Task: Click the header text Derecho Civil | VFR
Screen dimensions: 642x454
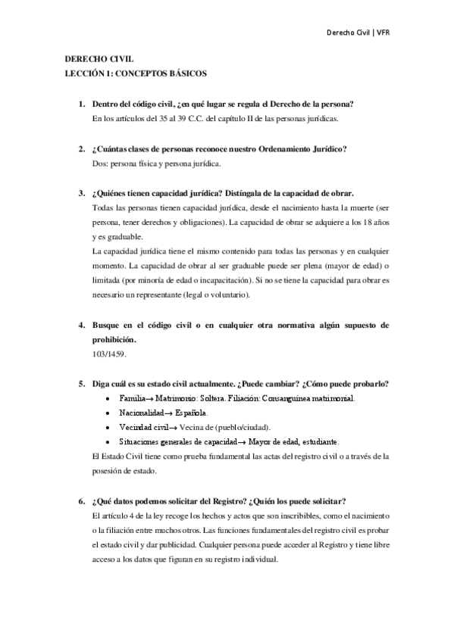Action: [357, 33]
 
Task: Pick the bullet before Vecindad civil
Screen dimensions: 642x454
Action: [111, 427]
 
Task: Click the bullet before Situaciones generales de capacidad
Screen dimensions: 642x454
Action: [111, 442]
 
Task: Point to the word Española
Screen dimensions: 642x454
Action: [189, 413]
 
